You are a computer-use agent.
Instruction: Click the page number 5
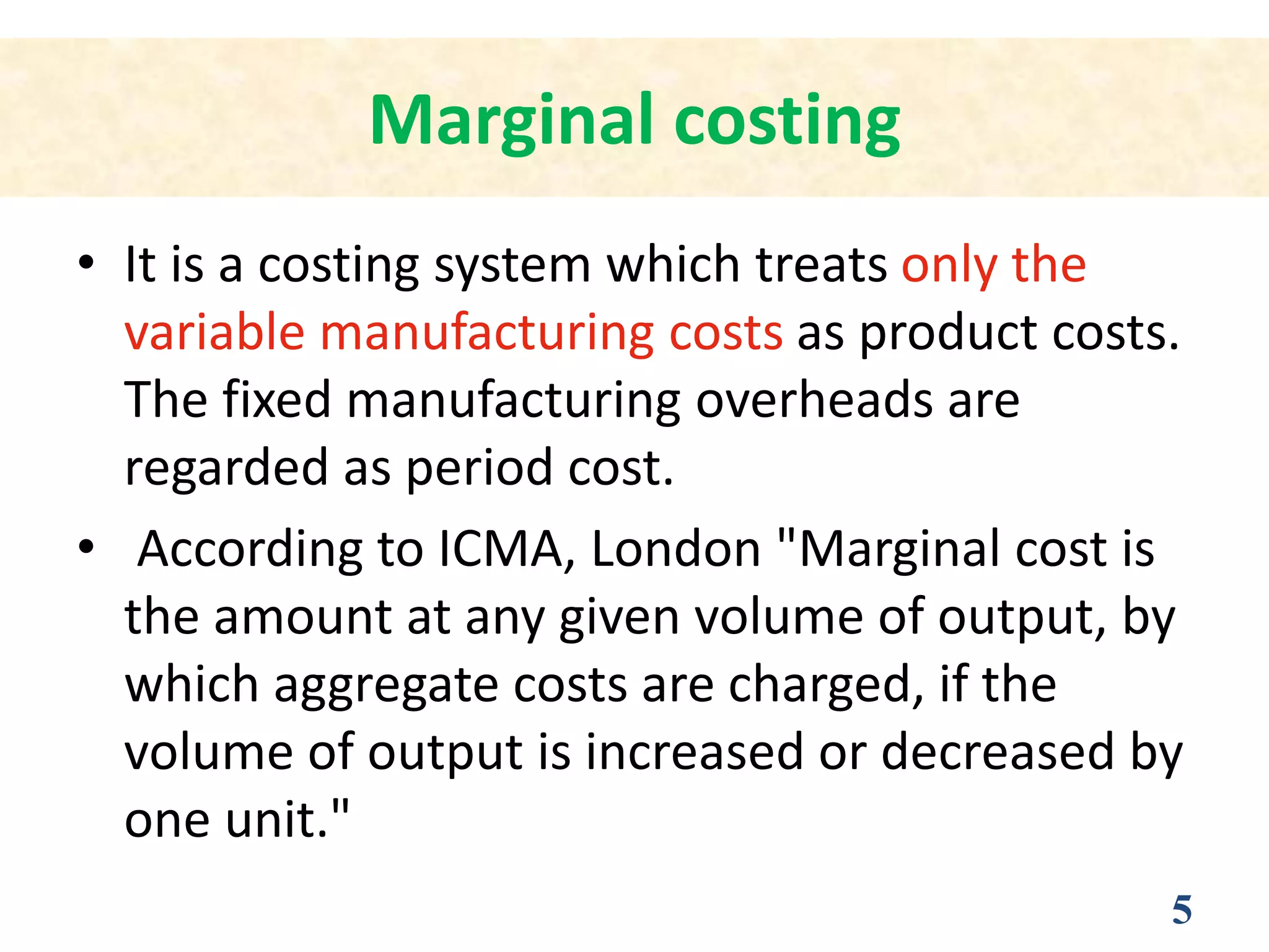pos(1182,910)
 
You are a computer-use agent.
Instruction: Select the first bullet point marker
pos(86,263)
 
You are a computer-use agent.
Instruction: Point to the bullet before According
pos(86,547)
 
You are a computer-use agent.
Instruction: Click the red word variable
pos(214,332)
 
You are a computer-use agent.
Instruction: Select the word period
pos(479,468)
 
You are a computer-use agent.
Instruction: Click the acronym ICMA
pos(499,549)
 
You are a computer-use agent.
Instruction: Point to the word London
pos(676,549)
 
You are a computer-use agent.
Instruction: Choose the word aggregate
pos(386,686)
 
